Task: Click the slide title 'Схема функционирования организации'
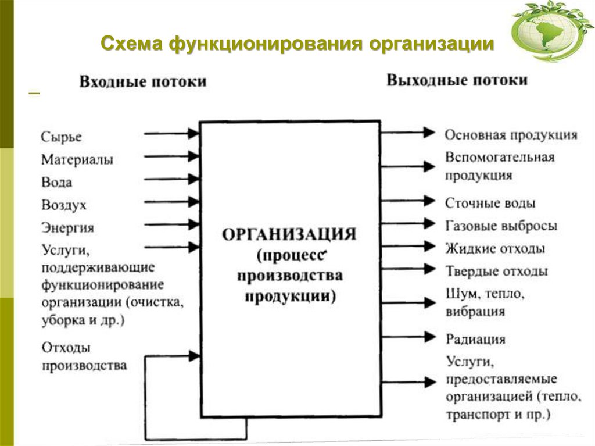coord(297,44)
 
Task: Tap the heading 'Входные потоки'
coord(143,81)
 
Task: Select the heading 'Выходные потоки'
coord(457,80)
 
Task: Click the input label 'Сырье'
coord(62,137)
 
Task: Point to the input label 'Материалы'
coord(77,159)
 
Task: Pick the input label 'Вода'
coord(57,182)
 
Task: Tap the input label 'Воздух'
coord(64,205)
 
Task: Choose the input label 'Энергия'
coord(67,227)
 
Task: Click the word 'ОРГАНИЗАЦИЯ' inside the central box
coord(289,235)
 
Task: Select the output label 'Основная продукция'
coord(511,135)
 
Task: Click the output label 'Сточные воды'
coord(490,204)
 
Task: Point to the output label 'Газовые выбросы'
coord(501,226)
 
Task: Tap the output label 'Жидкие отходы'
coord(495,249)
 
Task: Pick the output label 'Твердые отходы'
coord(497,272)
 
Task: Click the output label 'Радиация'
coord(476,339)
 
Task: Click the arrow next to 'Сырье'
coord(171,134)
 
